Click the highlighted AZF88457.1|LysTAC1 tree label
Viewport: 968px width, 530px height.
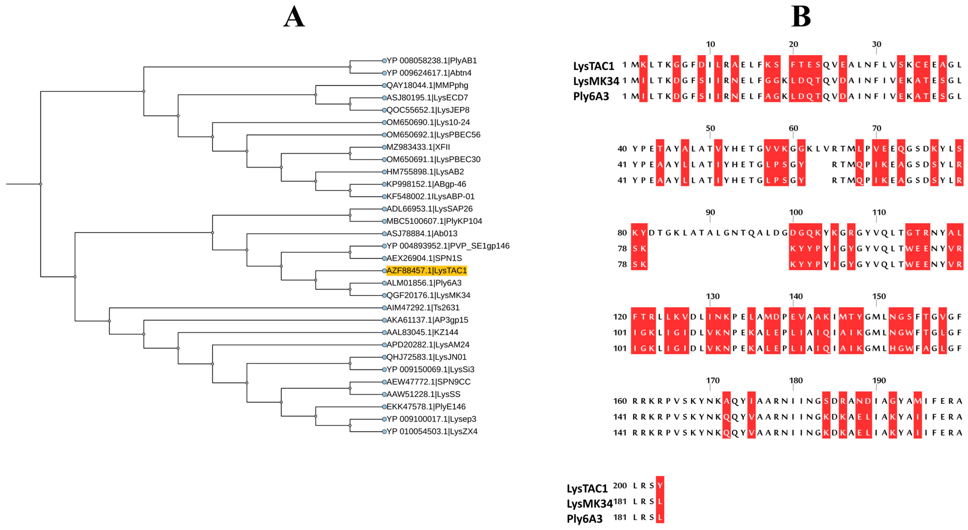427,271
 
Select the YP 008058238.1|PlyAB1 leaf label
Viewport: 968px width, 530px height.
431,60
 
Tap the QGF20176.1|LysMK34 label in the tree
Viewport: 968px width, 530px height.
428,295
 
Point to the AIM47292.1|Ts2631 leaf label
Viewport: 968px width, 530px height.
423,308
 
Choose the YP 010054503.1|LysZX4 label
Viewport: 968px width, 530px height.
432,431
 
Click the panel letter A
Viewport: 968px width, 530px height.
294,17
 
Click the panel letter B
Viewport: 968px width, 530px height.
801,17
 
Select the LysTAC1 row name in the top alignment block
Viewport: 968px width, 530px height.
593,66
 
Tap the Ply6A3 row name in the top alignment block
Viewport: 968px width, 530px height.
591,96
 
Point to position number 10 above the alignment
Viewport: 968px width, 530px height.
710,44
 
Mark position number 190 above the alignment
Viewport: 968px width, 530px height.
878,381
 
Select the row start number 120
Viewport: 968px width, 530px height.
620,317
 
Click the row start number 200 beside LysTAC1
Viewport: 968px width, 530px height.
620,485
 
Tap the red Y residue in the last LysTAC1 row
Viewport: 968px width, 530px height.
660,485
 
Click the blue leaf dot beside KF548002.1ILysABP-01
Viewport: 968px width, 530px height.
384,196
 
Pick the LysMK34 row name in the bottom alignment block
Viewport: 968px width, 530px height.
589,503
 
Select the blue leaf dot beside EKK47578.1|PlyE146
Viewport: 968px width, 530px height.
384,407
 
